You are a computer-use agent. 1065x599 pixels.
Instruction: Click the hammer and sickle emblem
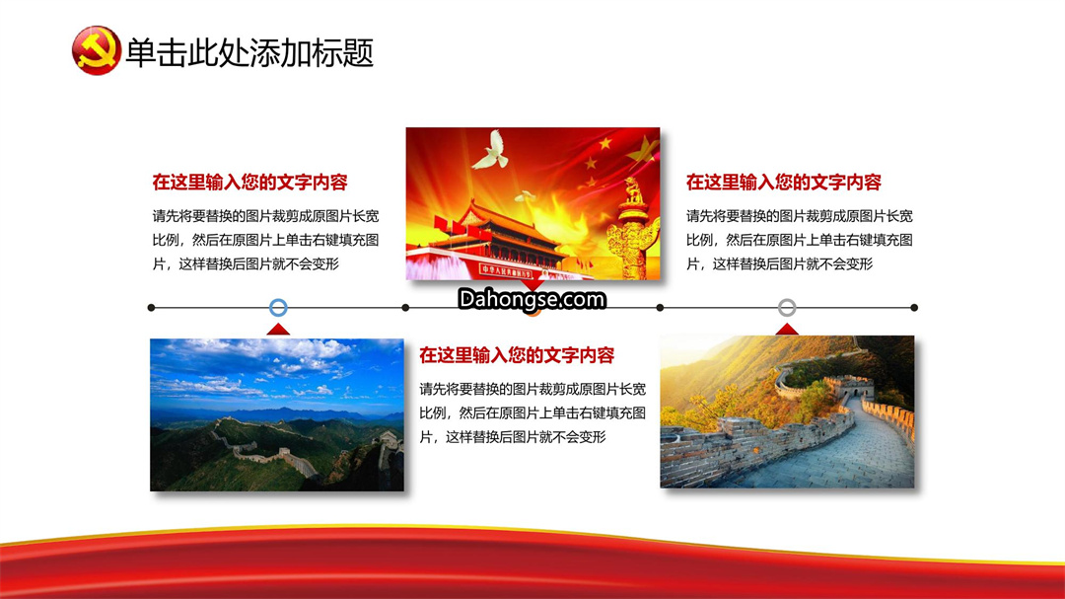[x=96, y=51]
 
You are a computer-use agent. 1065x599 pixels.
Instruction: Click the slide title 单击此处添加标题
[x=249, y=52]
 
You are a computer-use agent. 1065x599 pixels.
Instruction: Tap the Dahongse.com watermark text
[x=532, y=299]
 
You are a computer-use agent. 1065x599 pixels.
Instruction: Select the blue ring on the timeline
[x=278, y=307]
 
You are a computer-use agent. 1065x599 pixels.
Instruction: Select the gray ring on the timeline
[x=787, y=307]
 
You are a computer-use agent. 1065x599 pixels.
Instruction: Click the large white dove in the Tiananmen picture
[x=491, y=150]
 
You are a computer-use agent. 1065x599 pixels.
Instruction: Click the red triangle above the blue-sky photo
[x=278, y=329]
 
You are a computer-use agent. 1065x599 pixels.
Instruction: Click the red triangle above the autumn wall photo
[x=787, y=329]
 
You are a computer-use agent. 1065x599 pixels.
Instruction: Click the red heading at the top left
[x=249, y=183]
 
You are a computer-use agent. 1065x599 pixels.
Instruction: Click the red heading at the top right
[x=784, y=183]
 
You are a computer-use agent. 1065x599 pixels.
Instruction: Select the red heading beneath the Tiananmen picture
[x=517, y=355]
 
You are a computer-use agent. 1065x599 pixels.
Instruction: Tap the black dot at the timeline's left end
[x=151, y=308]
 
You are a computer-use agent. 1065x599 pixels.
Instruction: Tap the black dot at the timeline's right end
[x=914, y=308]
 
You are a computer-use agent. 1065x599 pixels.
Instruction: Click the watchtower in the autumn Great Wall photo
[x=850, y=386]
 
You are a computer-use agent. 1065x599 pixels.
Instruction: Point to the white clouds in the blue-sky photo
[x=272, y=367]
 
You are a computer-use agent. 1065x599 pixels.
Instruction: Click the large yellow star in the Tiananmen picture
[x=643, y=151]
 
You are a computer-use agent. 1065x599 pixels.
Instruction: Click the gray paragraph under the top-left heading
[x=265, y=240]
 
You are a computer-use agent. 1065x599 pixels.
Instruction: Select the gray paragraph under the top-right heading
[x=800, y=240]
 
